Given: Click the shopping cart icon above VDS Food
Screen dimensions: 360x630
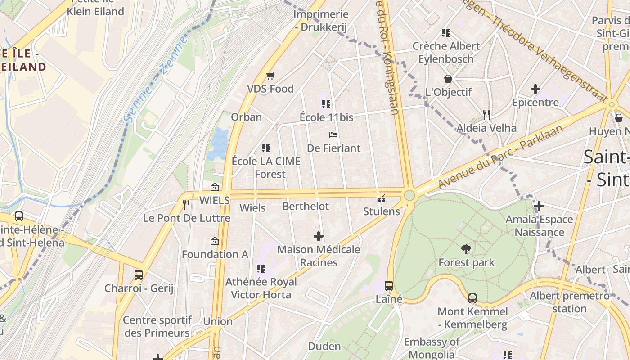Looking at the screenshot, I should [x=270, y=76].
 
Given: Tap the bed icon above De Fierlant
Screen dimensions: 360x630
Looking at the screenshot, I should [x=333, y=135].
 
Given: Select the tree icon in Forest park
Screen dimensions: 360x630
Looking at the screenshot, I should [x=466, y=249].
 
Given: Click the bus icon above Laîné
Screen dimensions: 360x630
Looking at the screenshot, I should [x=389, y=285].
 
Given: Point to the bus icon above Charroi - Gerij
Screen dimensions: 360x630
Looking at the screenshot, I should [x=139, y=274].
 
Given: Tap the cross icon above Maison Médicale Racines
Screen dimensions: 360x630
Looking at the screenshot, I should [x=318, y=236].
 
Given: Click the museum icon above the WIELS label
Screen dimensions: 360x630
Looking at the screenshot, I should [x=215, y=187].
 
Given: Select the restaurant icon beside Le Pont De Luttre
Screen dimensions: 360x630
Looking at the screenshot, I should [x=186, y=205].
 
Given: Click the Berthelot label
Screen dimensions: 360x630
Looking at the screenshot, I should [x=306, y=207].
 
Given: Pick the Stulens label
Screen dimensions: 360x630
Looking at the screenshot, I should [x=381, y=211].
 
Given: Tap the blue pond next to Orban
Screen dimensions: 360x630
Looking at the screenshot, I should [x=219, y=143].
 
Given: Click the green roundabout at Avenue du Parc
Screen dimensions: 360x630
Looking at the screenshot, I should [x=409, y=195].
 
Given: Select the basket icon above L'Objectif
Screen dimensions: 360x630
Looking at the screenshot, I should [x=448, y=79].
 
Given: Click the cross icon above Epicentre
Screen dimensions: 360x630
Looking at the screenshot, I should [x=535, y=89].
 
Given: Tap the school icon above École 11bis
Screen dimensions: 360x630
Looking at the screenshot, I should [x=326, y=104].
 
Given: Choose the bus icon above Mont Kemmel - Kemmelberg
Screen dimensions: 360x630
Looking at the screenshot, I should [x=472, y=298].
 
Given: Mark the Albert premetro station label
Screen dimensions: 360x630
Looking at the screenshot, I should [x=569, y=302].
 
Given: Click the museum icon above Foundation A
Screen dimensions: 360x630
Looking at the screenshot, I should [x=215, y=241].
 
